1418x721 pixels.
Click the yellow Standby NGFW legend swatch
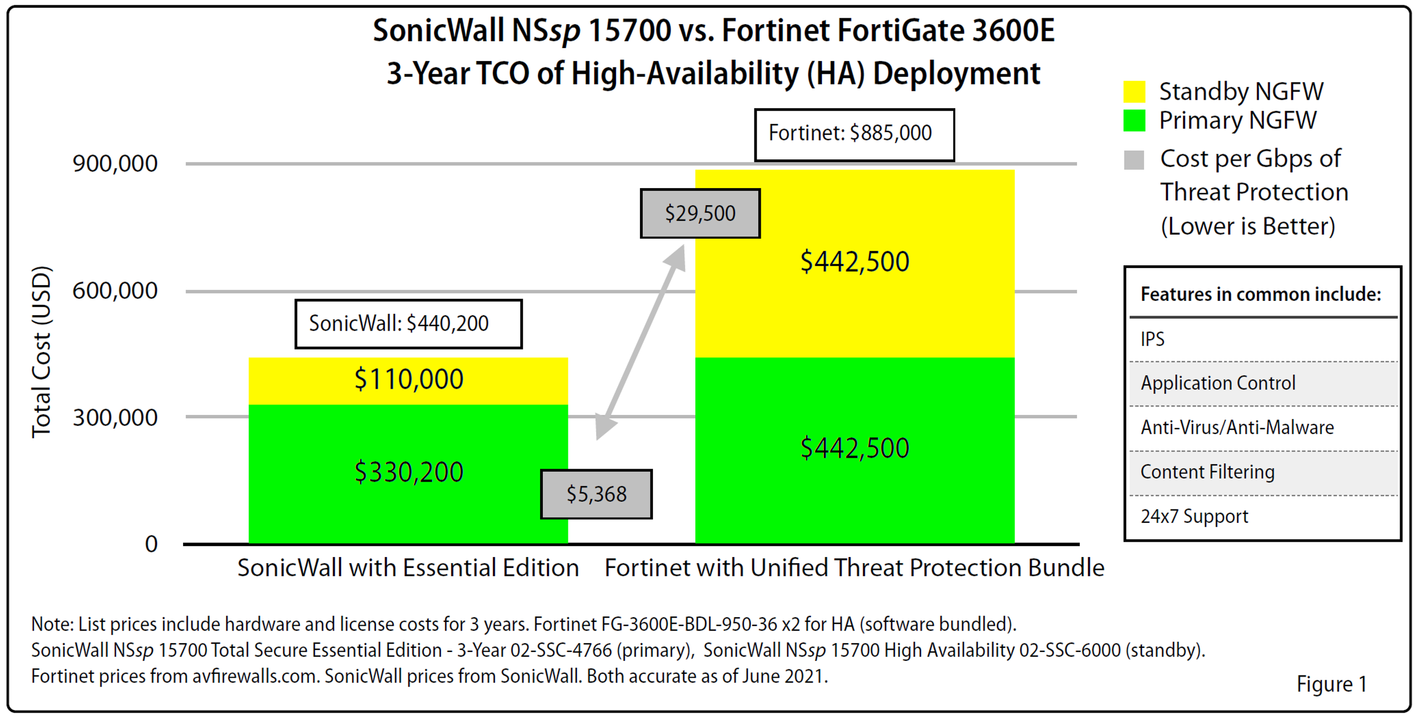1134,92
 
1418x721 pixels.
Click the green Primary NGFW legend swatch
1134,121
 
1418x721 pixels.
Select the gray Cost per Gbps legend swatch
1134,160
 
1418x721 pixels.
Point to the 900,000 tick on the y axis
115,164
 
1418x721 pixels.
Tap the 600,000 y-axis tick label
115,290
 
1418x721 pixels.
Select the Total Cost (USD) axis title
42,352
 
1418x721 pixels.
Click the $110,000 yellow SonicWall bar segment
408,380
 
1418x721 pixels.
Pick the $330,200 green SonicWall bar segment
408,472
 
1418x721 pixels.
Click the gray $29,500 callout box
700,213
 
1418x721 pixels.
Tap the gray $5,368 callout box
596,494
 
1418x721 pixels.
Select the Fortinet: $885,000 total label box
854,134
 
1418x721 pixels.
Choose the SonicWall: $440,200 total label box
408,323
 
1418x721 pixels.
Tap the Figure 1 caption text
1331,684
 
